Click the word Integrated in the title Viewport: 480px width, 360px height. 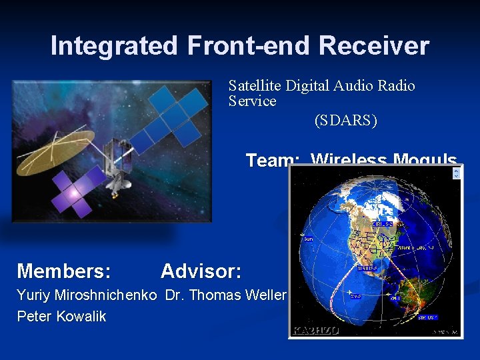tap(114, 46)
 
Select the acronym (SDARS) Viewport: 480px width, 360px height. tap(345, 121)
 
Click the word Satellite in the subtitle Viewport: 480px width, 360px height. tap(255, 85)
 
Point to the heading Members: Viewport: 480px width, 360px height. tap(64, 271)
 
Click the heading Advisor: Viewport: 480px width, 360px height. tap(201, 271)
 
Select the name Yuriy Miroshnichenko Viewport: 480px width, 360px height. tap(87, 295)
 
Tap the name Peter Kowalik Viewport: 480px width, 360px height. tap(61, 316)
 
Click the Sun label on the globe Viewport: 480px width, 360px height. tap(308, 237)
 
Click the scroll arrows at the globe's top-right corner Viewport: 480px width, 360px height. tap(456, 173)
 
